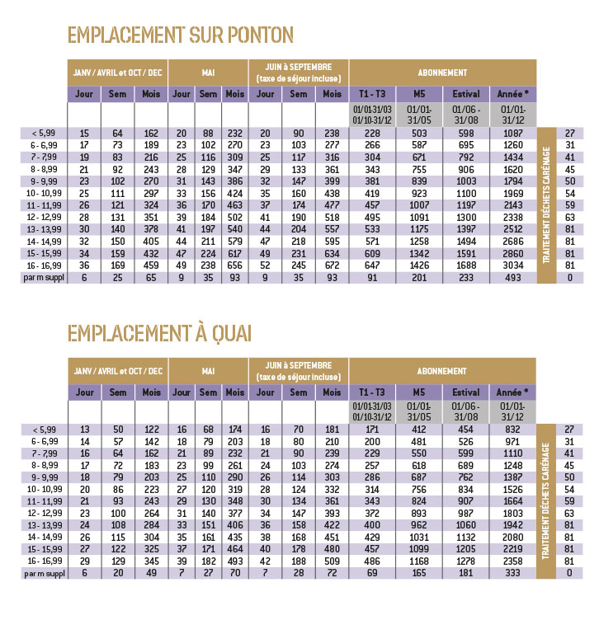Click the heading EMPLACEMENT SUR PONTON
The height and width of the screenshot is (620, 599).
[181, 35]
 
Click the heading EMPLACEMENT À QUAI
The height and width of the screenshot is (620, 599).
[159, 333]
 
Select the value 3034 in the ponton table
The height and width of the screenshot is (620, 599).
[512, 265]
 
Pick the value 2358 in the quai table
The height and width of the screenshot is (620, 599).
[512, 561]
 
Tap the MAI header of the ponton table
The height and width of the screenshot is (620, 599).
[208, 73]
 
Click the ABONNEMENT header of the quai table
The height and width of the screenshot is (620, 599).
[441, 371]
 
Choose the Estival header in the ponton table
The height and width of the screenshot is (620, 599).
[465, 94]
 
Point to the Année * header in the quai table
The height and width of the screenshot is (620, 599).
[512, 392]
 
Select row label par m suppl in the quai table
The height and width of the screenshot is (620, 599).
[45, 573]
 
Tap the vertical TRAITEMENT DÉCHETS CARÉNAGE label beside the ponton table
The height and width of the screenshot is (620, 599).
[546, 204]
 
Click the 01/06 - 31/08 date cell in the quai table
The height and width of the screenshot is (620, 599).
[465, 411]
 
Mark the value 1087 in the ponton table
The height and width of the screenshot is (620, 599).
[512, 134]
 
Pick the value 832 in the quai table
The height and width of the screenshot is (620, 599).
[512, 430]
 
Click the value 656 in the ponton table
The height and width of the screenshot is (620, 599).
[234, 265]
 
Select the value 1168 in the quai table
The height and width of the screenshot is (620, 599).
[418, 561]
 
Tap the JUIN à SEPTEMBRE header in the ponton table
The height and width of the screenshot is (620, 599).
[299, 73]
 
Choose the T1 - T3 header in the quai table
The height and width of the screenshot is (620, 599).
[371, 392]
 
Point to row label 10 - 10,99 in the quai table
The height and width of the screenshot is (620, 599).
[45, 489]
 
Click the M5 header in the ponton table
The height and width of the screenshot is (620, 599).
[419, 94]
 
